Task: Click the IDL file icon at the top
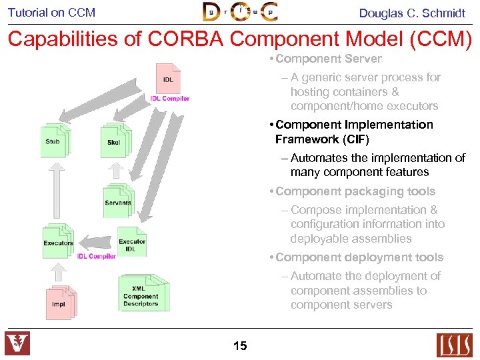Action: (168, 79)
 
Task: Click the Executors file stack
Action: (59, 241)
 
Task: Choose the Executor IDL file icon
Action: (132, 243)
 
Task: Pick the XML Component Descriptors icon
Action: (142, 293)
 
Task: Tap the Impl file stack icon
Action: (60, 303)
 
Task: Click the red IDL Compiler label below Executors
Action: (96, 257)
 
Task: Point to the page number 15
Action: (240, 345)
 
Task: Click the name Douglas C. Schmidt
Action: (412, 13)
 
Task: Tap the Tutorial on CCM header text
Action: (51, 12)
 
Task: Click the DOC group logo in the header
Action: (239, 12)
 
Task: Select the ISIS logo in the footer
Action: (454, 345)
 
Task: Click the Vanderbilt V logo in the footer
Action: (17, 344)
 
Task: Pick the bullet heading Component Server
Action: (329, 59)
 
